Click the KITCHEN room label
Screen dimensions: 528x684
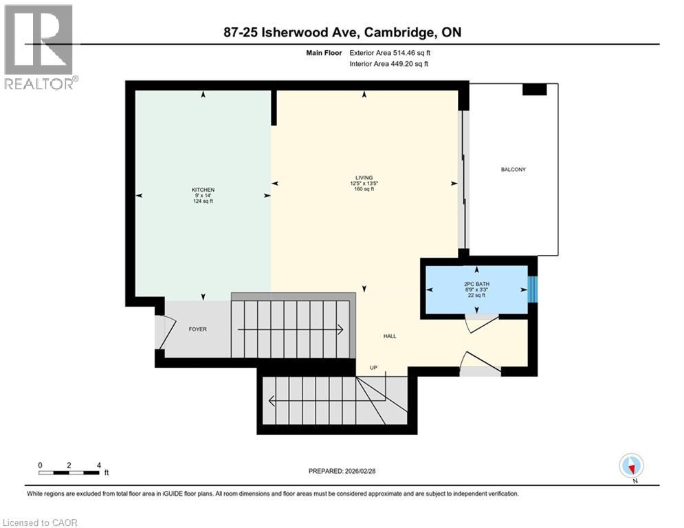(x=203, y=190)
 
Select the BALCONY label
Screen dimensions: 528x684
(x=514, y=170)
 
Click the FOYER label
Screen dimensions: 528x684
(x=197, y=329)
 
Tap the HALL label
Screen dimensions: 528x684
(x=390, y=336)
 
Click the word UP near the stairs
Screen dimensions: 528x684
(x=374, y=367)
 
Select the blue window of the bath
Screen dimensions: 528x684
(x=533, y=289)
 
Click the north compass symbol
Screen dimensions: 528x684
(x=630, y=465)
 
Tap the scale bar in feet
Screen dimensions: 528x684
(x=69, y=472)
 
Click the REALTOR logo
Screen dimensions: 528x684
(x=40, y=46)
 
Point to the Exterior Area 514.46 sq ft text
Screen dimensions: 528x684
(x=390, y=52)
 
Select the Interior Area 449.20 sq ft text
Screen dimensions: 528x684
(x=389, y=64)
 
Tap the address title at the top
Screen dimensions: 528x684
(x=342, y=32)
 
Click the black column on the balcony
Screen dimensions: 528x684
(x=534, y=89)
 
